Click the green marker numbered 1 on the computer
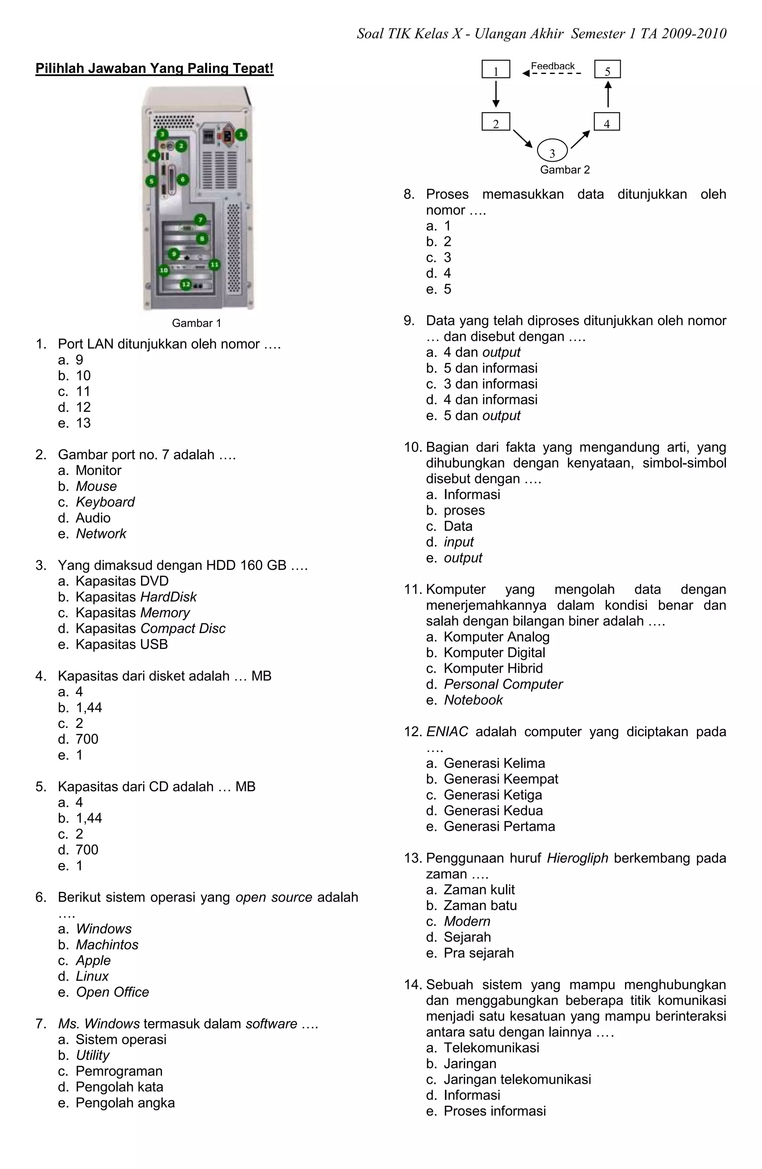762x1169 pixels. coord(241,135)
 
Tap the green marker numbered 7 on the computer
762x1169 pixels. coord(200,219)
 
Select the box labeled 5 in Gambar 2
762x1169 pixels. coord(607,69)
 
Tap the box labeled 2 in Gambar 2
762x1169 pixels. coord(496,122)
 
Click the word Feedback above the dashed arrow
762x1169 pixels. coord(553,66)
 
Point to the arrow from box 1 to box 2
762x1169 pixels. coord(496,94)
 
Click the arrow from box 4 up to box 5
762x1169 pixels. coord(608,94)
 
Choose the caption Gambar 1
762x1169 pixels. coord(196,323)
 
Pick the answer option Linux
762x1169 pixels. coord(92,976)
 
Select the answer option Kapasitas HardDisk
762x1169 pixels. coord(135,597)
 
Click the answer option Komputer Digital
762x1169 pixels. coord(494,652)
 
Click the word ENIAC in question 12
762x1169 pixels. coord(447,732)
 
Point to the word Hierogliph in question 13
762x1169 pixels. coord(577,858)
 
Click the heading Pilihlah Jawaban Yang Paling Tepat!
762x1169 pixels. coord(154,68)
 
